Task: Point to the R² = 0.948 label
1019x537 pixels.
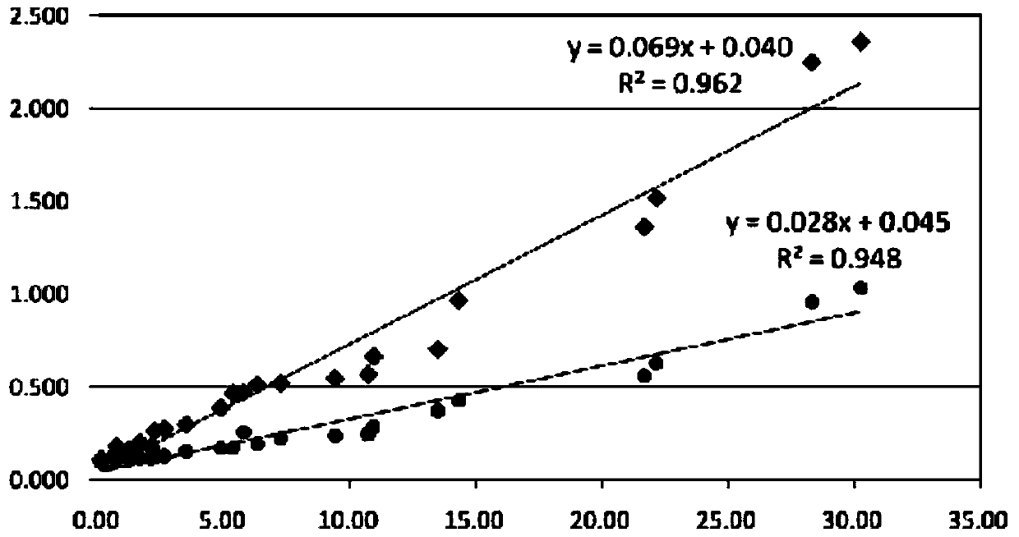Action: (x=839, y=259)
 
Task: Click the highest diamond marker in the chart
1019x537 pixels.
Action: (x=861, y=42)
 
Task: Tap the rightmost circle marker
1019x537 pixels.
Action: (x=860, y=287)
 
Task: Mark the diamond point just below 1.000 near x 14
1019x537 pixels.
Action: (x=459, y=301)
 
